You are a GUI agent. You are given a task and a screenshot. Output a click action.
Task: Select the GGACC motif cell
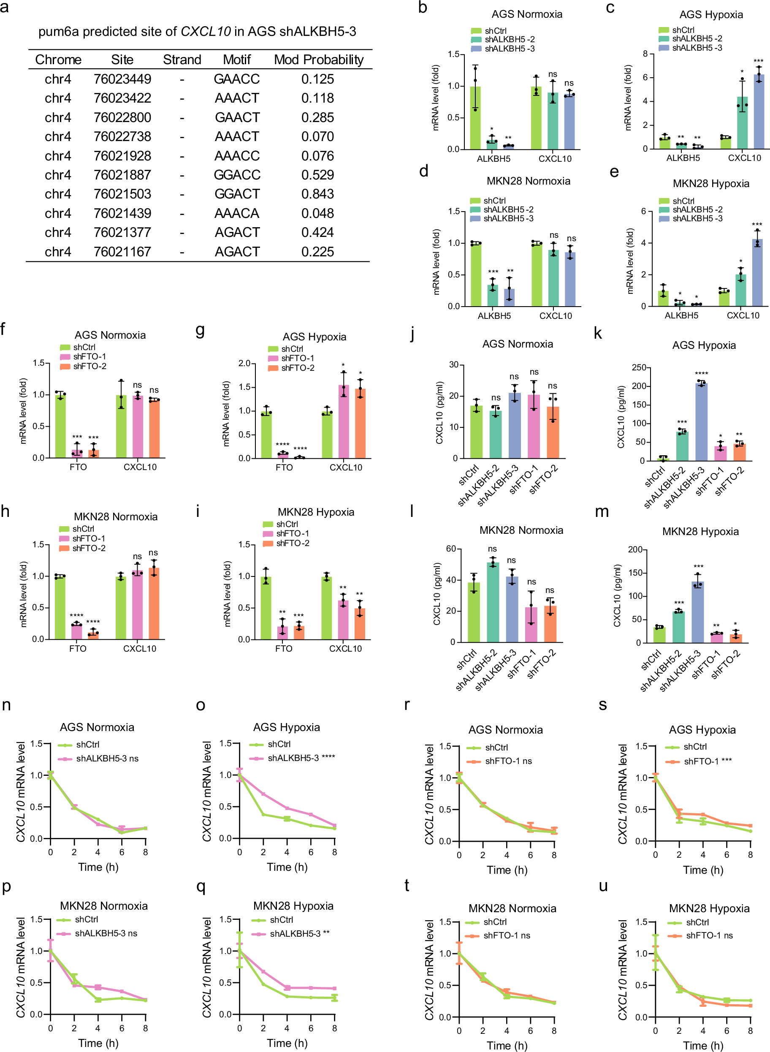tap(237, 175)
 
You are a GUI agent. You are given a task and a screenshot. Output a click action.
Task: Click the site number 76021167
tap(122, 252)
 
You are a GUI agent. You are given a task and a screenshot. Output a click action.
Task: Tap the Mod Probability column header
tap(318, 60)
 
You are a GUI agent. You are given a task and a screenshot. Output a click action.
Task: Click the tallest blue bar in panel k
tap(701, 422)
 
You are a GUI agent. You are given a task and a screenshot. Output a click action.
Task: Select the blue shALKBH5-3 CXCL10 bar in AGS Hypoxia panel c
tap(759, 112)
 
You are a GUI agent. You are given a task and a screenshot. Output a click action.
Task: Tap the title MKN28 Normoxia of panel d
tap(528, 181)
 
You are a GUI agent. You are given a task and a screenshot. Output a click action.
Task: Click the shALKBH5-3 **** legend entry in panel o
tap(301, 758)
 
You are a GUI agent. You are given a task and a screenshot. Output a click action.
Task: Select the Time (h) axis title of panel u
tap(703, 1045)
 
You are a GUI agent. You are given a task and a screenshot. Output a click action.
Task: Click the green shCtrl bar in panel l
tap(474, 612)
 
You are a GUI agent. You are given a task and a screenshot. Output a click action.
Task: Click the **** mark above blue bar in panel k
tap(701, 373)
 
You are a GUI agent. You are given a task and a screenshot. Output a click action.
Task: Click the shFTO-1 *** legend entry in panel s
tap(707, 761)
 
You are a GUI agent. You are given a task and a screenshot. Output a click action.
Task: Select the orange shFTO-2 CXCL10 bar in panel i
tap(359, 623)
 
